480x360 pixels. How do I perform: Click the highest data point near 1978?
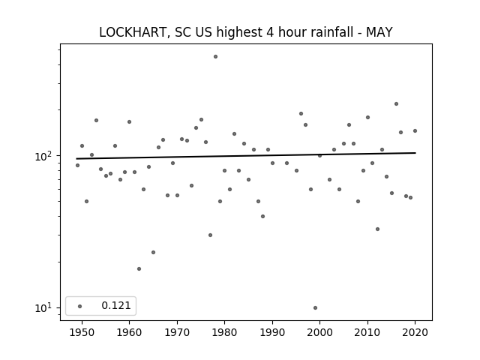tap(215, 57)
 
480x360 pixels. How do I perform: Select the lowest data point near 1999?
tap(315, 308)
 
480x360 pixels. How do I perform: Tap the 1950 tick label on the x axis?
tap(82, 332)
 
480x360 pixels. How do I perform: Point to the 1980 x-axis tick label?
tap(224, 332)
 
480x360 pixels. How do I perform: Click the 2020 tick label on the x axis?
tap(415, 332)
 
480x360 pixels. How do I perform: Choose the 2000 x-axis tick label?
tap(320, 332)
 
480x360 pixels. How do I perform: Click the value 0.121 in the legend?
tap(116, 305)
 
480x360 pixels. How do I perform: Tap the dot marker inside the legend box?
tap(80, 306)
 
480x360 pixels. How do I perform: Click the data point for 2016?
tap(396, 103)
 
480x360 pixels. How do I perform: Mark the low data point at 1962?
tap(139, 268)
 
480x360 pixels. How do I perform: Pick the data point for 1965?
tap(153, 252)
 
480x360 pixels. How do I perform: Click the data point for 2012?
tap(377, 229)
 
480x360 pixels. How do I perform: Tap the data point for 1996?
tap(301, 113)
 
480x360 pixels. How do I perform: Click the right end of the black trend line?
tap(415, 153)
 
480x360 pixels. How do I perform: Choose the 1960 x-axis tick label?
tap(129, 332)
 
